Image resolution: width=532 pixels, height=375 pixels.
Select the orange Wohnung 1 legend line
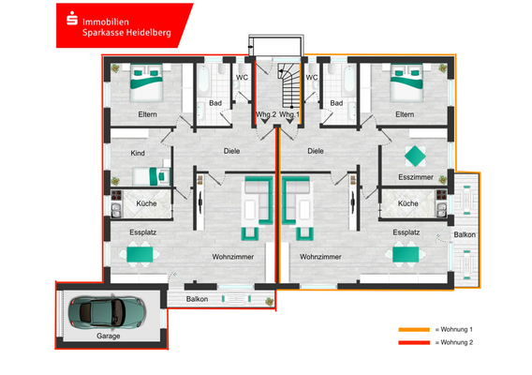click(413, 330)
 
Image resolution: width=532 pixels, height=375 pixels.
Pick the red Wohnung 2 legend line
click(413, 344)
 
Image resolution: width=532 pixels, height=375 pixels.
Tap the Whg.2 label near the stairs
click(266, 114)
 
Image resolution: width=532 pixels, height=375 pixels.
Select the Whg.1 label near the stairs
click(289, 114)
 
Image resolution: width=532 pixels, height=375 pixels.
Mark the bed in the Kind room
click(148, 175)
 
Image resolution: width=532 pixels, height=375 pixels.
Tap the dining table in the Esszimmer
click(414, 154)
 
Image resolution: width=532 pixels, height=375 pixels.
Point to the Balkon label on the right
click(465, 233)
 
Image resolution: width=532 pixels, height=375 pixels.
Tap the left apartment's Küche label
click(146, 202)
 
